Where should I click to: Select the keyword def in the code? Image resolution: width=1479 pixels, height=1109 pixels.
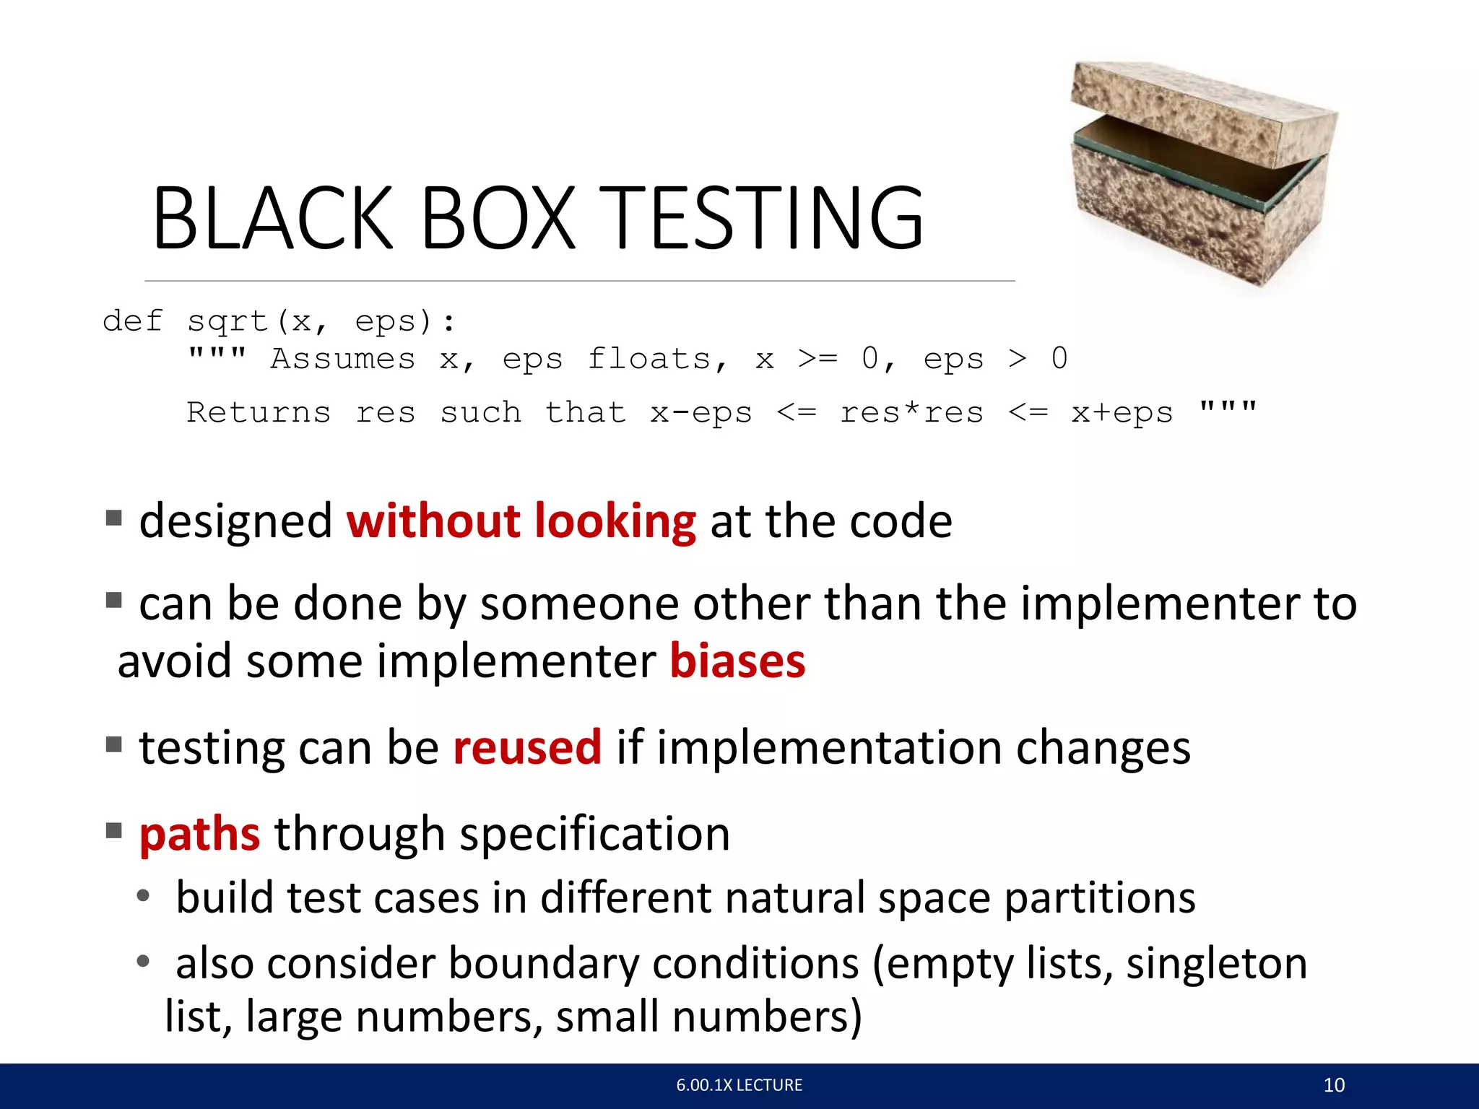(133, 321)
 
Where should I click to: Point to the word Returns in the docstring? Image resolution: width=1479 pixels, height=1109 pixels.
(259, 412)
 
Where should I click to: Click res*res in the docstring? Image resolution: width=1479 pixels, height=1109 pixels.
(911, 412)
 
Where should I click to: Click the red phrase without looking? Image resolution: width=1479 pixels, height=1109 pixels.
(521, 521)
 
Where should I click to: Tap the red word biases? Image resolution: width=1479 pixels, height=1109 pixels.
(737, 661)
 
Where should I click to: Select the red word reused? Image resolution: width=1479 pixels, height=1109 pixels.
(527, 748)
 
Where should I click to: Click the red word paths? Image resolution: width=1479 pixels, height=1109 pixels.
(200, 835)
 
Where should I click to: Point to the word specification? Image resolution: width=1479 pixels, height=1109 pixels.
(595, 835)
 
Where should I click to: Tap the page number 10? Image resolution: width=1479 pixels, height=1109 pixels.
(1334, 1085)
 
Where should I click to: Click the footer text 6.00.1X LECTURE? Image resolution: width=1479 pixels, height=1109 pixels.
(739, 1085)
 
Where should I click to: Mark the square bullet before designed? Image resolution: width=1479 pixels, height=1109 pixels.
(113, 518)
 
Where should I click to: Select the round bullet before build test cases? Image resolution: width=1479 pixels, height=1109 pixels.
(144, 896)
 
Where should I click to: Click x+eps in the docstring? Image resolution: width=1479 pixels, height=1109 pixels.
(1122, 412)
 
